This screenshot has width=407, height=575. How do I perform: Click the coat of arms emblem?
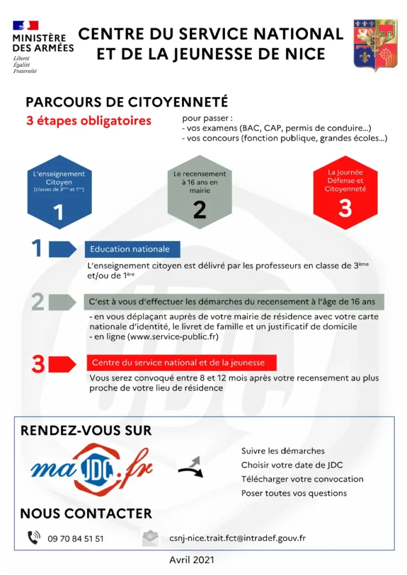tap(375, 45)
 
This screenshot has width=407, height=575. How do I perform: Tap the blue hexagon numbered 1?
tap(58, 191)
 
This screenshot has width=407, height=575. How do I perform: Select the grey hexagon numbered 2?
tap(200, 191)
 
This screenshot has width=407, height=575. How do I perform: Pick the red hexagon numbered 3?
tap(345, 191)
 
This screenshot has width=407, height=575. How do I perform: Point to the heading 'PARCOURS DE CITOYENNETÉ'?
tap(127, 102)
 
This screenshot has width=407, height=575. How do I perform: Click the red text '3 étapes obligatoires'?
tap(88, 121)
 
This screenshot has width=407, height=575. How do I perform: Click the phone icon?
tap(34, 537)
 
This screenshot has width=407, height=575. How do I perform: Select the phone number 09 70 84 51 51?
tap(76, 539)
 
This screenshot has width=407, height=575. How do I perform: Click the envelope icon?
tap(150, 538)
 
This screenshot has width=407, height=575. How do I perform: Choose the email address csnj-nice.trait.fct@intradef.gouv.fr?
tap(237, 538)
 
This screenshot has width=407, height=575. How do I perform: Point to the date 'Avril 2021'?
tap(192, 560)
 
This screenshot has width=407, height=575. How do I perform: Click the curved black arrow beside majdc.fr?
tap(191, 467)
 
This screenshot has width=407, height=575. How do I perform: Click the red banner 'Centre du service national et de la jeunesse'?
tap(175, 362)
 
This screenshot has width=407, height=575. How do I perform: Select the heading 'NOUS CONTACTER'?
tap(86, 513)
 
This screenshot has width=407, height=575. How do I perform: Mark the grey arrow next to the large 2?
tap(61, 302)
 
